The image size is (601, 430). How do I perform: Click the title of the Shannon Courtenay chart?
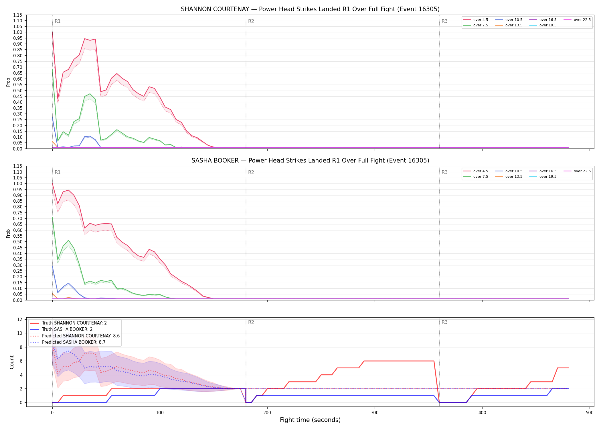(x=310, y=9)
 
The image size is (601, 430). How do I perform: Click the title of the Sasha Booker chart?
(x=310, y=161)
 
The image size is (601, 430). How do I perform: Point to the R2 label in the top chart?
(x=251, y=21)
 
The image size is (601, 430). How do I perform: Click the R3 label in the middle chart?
(x=444, y=172)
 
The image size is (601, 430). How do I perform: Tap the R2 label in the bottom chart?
(x=251, y=322)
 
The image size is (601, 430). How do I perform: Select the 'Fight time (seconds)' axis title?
(x=310, y=420)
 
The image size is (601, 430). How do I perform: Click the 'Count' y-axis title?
(x=12, y=362)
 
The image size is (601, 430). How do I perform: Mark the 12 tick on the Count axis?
(x=20, y=319)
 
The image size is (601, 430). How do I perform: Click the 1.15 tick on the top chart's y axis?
(x=18, y=15)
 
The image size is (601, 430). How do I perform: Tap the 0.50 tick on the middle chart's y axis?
(x=18, y=242)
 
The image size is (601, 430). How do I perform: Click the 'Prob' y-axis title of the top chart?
(x=8, y=82)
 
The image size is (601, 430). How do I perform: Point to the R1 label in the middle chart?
(x=58, y=172)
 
